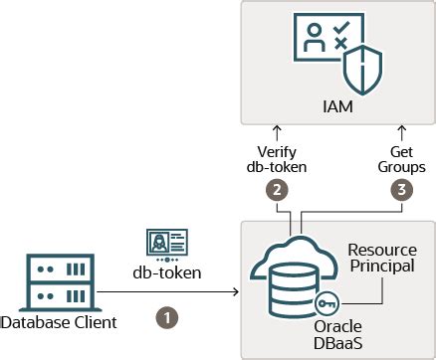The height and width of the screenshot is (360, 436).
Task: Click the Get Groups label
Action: tap(399, 159)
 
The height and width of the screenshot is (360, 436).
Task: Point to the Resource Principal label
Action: tap(381, 260)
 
